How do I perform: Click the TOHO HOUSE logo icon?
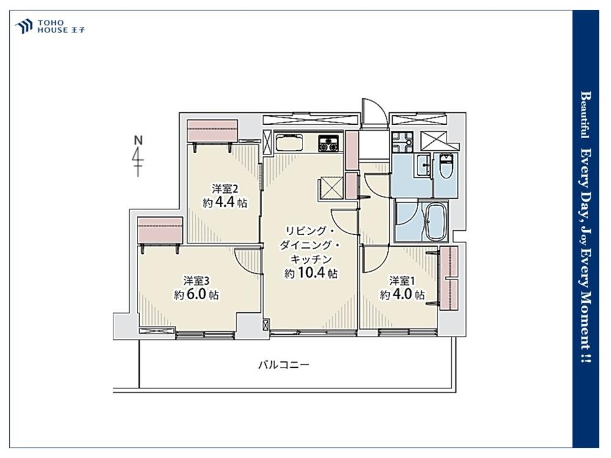(23, 26)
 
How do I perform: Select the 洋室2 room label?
(225, 189)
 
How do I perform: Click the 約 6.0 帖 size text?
(196, 294)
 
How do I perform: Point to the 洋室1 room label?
(402, 280)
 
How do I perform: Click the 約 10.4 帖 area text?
(310, 274)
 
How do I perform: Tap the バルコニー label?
(284, 365)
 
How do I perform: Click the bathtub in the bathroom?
(436, 222)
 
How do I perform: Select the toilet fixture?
(445, 165)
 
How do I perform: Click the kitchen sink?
(290, 142)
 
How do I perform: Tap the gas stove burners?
(329, 143)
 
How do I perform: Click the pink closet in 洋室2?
(213, 131)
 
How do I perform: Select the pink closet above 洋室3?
(160, 230)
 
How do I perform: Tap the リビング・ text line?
(310, 231)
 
